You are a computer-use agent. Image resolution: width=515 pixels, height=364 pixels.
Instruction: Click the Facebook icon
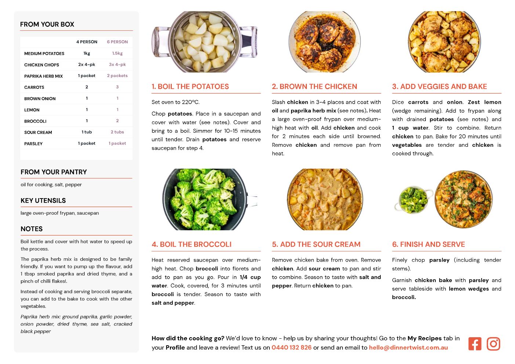click(475, 344)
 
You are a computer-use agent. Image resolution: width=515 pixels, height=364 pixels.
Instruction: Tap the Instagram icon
click(493, 344)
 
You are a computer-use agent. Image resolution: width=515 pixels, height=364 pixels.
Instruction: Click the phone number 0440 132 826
click(291, 347)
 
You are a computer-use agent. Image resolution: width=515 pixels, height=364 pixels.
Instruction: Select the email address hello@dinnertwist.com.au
click(408, 347)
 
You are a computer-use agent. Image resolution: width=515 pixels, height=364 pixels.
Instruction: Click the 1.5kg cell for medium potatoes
click(117, 53)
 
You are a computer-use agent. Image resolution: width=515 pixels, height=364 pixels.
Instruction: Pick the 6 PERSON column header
click(117, 42)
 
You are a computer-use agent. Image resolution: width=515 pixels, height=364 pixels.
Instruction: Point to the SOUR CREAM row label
click(38, 132)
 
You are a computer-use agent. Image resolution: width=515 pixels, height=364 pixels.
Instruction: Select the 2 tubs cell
click(117, 132)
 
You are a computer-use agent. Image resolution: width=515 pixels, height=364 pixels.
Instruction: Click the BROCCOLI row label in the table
click(35, 121)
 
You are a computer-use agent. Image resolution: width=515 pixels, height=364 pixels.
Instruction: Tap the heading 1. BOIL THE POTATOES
click(190, 87)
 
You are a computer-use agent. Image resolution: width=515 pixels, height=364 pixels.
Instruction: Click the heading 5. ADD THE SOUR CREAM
click(316, 244)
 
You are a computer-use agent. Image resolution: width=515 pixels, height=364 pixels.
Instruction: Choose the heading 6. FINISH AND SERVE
click(428, 244)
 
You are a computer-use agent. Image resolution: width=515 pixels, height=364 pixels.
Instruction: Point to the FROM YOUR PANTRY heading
click(54, 172)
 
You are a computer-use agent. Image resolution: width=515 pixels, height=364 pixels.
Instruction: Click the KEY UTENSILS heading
click(43, 201)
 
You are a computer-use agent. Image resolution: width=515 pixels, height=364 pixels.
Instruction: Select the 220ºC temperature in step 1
click(191, 102)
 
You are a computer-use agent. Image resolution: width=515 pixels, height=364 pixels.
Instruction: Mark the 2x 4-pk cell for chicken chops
click(87, 65)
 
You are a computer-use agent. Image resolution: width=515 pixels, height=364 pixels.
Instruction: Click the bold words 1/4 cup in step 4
click(250, 277)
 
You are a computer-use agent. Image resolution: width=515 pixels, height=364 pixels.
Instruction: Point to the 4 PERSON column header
click(87, 42)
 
